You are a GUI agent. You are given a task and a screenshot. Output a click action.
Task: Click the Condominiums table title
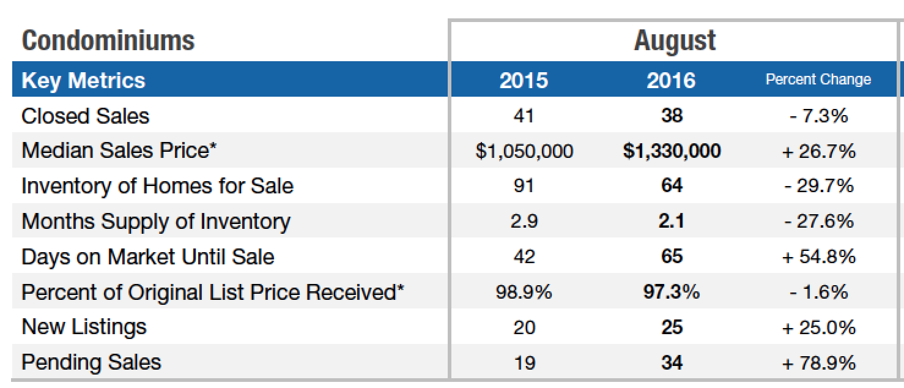tap(108, 41)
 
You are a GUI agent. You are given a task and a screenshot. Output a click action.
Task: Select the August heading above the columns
tap(675, 41)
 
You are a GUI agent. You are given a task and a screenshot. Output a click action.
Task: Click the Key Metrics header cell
tap(83, 80)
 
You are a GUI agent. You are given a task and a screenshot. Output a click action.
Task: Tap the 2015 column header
tap(524, 80)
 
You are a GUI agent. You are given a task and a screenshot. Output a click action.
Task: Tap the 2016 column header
tap(671, 80)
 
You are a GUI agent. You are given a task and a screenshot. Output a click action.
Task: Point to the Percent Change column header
tap(818, 80)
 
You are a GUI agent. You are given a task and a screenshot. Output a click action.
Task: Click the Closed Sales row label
tap(85, 116)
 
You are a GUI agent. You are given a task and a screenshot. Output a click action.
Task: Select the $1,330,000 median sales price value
tap(672, 151)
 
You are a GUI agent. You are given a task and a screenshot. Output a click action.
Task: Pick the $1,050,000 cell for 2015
tap(524, 151)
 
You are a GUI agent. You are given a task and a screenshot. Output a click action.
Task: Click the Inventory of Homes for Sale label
tap(157, 186)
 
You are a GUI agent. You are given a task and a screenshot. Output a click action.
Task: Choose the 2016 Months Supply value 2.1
tap(672, 221)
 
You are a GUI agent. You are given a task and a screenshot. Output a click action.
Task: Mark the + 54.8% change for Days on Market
tap(818, 256)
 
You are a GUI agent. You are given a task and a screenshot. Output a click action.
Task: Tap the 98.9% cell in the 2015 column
tap(524, 292)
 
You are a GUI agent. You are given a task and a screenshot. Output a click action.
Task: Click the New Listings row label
tap(84, 327)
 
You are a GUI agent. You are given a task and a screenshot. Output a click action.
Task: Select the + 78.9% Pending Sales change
tap(818, 362)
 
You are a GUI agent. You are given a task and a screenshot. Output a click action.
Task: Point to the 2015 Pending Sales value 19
tap(524, 362)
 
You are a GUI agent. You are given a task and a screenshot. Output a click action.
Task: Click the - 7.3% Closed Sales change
tap(818, 116)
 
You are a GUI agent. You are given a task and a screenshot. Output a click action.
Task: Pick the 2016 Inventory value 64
tap(672, 186)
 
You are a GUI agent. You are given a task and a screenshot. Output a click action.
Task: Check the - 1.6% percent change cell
tap(818, 292)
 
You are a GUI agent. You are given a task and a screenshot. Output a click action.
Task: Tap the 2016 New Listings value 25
tap(672, 327)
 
